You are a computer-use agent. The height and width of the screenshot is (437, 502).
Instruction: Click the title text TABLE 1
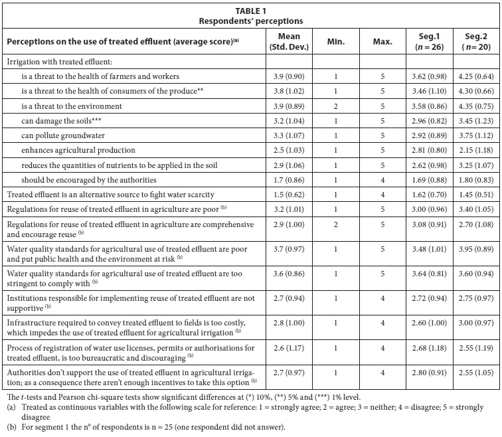pos(251,11)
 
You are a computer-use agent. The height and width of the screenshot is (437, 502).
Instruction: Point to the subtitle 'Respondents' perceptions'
pos(251,21)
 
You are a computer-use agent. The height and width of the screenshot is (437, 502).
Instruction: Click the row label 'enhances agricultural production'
pos(78,150)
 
